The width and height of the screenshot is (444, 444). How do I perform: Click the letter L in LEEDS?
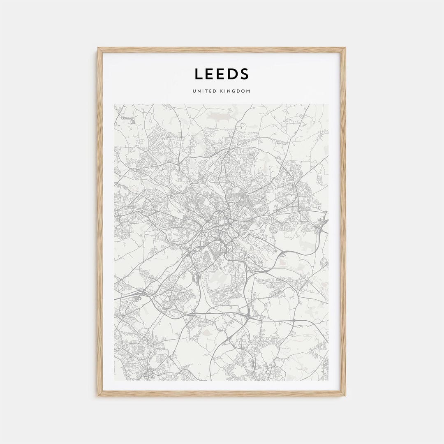(199, 74)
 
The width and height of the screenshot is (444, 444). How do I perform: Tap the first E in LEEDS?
(210, 74)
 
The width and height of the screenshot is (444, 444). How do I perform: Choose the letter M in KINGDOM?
(248, 91)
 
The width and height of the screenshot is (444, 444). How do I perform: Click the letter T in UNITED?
(204, 91)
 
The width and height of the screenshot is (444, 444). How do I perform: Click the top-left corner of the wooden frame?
(98, 48)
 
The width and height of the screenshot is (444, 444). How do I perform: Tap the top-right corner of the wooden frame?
(345, 48)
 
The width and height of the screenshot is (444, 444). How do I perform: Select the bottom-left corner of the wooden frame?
(98, 395)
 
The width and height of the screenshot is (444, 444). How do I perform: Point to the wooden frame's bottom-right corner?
(345, 395)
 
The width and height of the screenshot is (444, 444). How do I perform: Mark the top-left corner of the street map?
(115, 104)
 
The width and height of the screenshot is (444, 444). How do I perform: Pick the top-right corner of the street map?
(328, 104)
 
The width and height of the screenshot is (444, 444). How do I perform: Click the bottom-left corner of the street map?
(115, 380)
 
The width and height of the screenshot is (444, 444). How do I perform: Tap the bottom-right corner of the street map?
(328, 380)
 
